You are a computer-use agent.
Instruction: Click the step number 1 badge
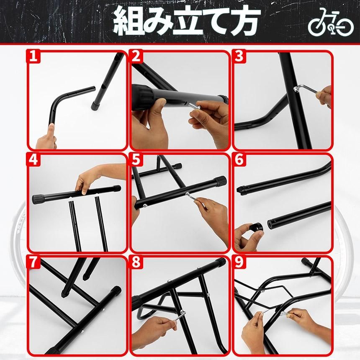(x=33, y=56)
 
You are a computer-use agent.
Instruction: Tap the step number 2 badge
(x=136, y=56)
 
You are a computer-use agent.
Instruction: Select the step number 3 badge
(x=239, y=56)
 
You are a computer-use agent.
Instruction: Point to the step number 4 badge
(x=33, y=159)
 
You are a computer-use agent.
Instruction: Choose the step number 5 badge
(x=136, y=159)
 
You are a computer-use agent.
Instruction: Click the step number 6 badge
(x=239, y=159)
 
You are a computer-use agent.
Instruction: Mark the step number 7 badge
(x=33, y=262)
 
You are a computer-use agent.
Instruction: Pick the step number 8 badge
(x=136, y=262)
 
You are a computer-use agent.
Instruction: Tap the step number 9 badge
(x=239, y=262)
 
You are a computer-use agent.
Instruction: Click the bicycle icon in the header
(x=331, y=22)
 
